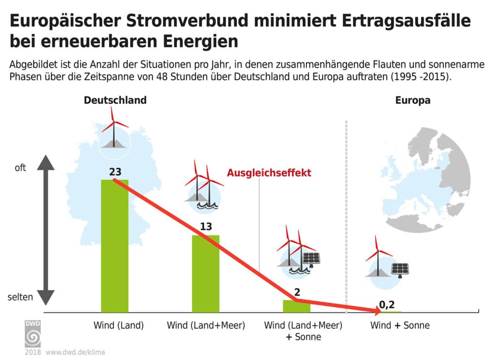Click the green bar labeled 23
coord(115,246)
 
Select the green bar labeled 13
coord(205,274)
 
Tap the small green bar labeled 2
coord(296,306)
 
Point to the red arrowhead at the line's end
coord(379,311)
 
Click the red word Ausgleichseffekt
coord(269,173)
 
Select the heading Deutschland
coord(115,101)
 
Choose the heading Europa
coord(413,101)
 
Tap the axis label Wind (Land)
coord(118,326)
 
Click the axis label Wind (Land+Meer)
coord(206,326)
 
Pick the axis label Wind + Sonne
coord(400,326)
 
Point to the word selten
coord(20,297)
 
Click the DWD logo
coord(33,333)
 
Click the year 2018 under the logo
coord(33,352)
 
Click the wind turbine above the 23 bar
coord(114,128)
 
